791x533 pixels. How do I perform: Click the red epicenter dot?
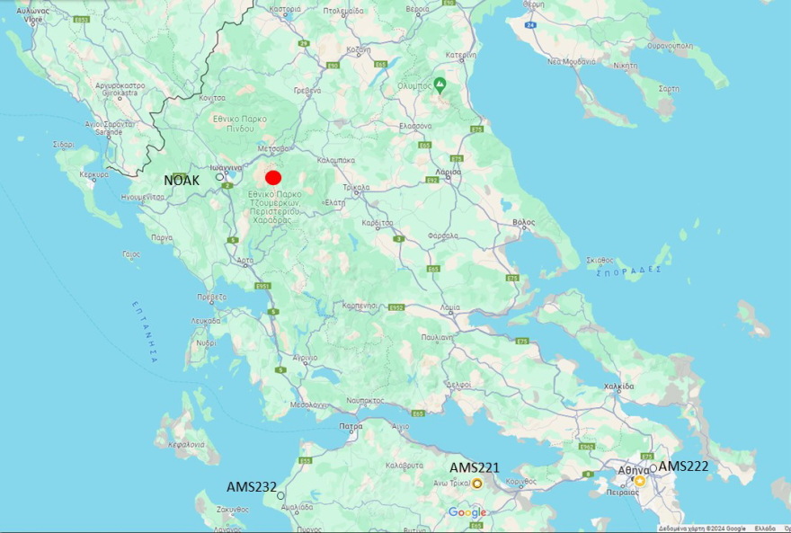274,178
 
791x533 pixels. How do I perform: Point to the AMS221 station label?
474,467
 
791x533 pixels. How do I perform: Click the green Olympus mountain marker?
440,84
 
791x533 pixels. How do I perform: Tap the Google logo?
467,512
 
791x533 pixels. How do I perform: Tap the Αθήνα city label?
633,470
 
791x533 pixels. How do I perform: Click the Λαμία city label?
450,307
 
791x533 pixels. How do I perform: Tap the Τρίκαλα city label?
357,189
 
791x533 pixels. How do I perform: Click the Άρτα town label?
245,261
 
